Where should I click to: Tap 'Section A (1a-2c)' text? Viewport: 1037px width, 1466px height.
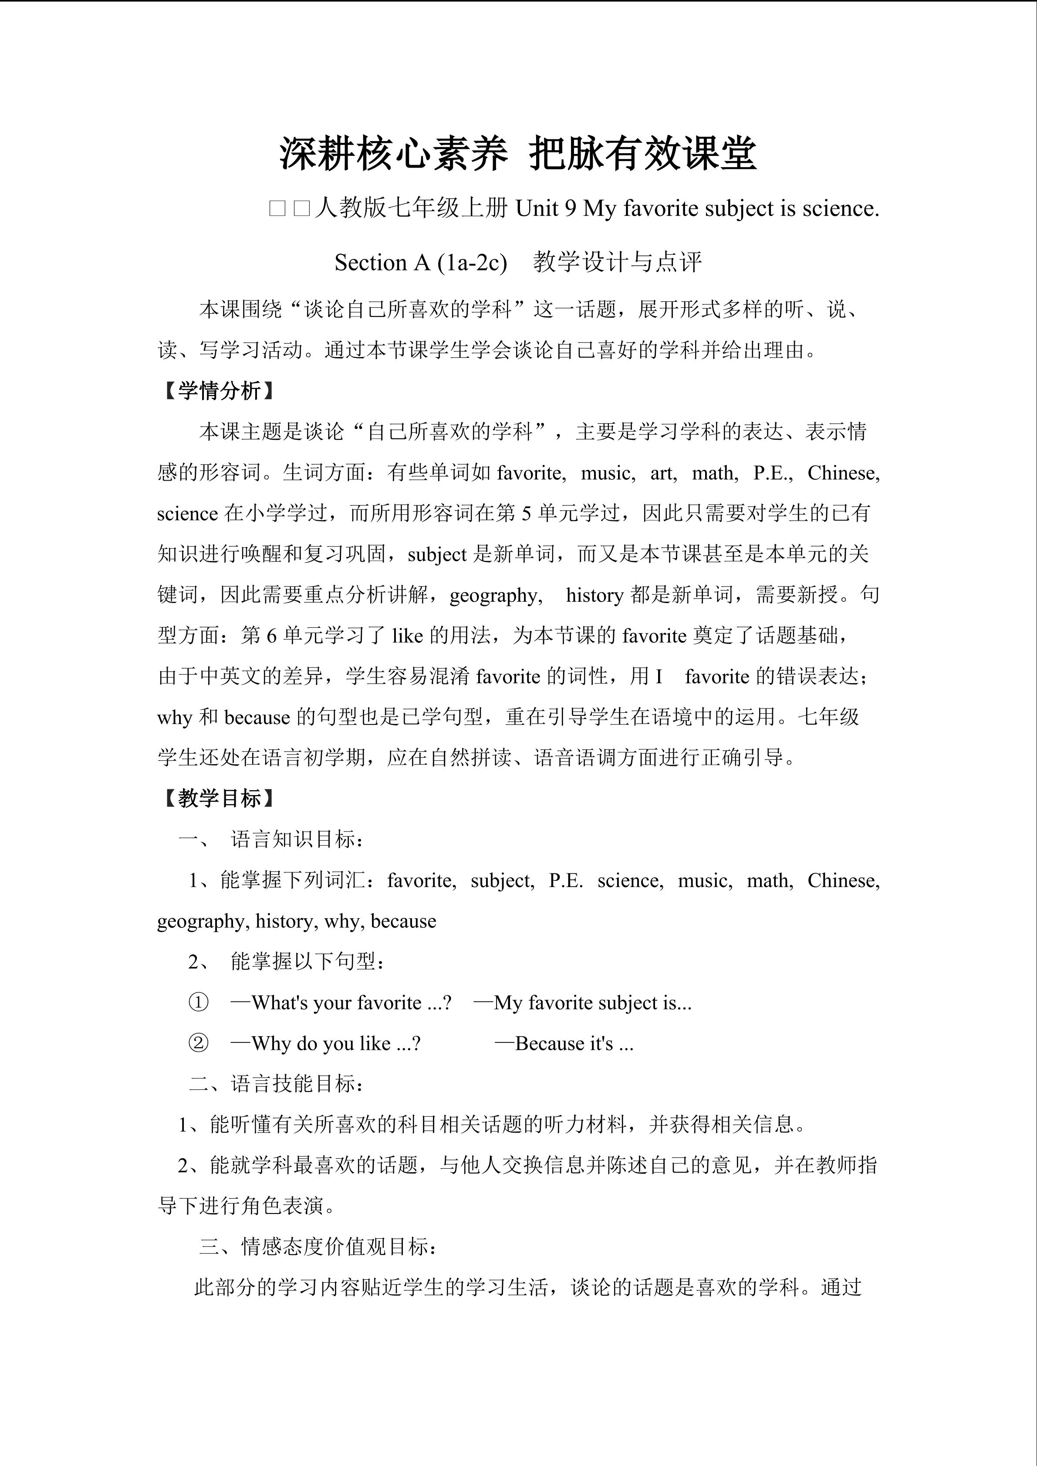(420, 263)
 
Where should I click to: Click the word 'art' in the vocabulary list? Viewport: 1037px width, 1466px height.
(663, 473)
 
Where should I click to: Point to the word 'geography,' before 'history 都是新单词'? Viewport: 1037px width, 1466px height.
(496, 595)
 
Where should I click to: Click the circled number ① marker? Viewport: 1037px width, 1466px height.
(199, 1002)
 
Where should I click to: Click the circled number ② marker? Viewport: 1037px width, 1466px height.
(199, 1043)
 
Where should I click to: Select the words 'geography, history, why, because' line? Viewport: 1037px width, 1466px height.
(297, 921)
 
